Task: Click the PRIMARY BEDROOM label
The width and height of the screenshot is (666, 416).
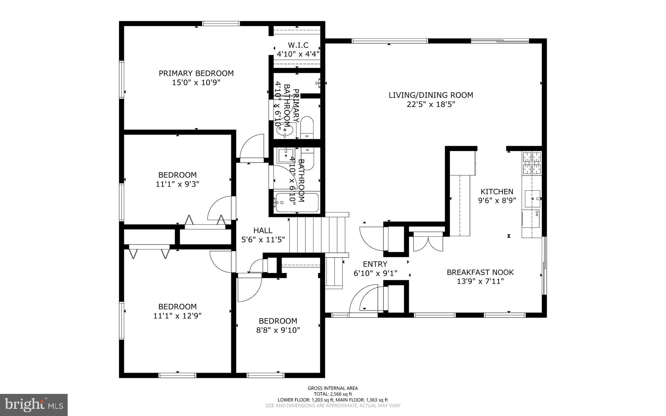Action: point(196,73)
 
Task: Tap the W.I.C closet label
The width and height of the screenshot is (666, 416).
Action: point(298,45)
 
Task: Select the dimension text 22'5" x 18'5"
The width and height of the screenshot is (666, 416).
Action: point(431,104)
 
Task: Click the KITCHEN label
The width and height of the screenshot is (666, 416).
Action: point(497,192)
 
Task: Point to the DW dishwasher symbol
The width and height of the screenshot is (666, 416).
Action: point(536,214)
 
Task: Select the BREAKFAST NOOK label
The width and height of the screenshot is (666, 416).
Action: point(480,272)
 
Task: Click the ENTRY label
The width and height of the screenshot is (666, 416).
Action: point(375,264)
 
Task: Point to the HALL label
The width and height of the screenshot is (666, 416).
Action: point(263,231)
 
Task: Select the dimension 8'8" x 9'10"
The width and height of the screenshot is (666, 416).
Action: point(278,330)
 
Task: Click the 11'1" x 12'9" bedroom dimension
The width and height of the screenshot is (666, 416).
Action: point(177,315)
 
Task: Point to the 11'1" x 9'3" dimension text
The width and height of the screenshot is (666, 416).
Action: point(177,184)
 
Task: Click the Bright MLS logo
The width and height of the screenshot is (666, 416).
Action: point(34,404)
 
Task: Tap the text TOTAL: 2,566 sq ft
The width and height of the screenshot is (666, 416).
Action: point(333,394)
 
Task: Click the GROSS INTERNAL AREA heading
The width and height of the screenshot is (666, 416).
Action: point(333,388)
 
